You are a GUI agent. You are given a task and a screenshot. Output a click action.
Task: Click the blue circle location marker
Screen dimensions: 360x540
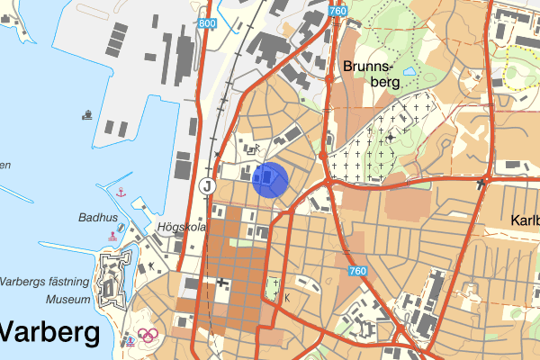(270, 179)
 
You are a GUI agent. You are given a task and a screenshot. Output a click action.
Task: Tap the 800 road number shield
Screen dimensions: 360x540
(206, 22)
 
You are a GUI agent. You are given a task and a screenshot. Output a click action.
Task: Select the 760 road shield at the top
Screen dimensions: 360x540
(337, 11)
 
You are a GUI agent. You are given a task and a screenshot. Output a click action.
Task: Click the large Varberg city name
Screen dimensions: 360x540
(49, 333)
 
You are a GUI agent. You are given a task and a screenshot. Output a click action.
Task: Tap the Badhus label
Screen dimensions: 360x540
(98, 217)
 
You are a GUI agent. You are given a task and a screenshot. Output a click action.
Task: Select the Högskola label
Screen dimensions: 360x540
(182, 228)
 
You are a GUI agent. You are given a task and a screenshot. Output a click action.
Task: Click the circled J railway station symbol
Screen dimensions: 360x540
(207, 186)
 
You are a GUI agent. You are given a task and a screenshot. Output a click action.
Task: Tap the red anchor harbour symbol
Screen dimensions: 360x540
(120, 192)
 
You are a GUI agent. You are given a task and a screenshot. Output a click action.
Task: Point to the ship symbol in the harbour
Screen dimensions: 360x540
(87, 114)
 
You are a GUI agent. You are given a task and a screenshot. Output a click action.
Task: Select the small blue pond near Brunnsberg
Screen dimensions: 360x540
(410, 70)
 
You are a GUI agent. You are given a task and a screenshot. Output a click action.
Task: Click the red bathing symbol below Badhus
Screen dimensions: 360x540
(112, 236)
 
